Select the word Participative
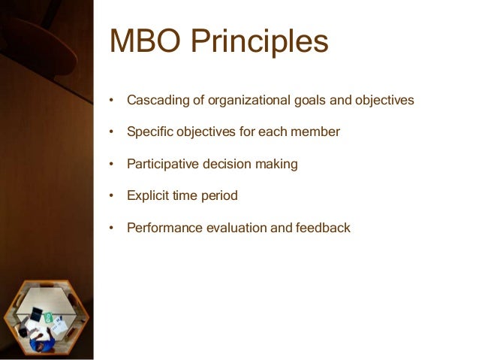pos(162,164)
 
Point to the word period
pos(218,196)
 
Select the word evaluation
pos(233,228)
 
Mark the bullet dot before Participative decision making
pos(111,165)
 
